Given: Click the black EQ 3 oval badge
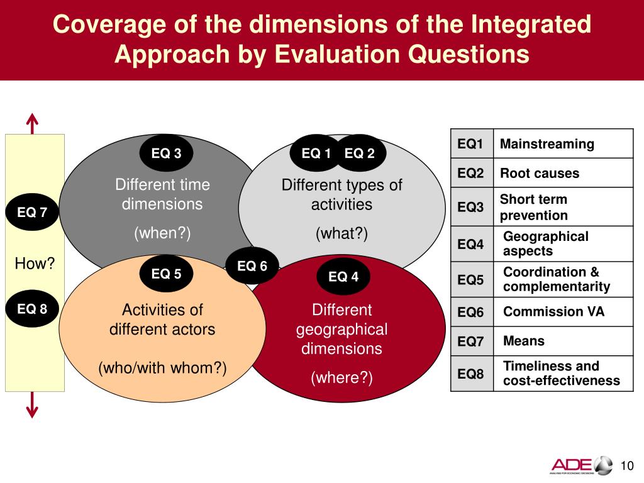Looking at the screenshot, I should pos(166,153).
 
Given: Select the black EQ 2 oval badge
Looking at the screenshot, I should pos(360,153).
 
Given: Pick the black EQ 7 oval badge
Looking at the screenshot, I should pos(32,212).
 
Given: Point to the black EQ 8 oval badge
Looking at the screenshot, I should pos(32,308).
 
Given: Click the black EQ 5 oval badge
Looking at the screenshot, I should pos(166,274).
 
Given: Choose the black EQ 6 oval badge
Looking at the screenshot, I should pos(252,267).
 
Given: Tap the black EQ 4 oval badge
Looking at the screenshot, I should pos(343,277).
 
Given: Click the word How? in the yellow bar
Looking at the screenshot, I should pos(35,264).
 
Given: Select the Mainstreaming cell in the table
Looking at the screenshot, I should pos(547,144).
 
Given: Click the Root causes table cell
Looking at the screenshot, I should pos(540,174).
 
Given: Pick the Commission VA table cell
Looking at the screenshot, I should pos(553,312).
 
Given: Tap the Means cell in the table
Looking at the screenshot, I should pos(524,341).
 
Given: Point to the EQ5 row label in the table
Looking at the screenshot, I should pos(471,280).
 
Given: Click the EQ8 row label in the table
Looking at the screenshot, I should pos(471,374).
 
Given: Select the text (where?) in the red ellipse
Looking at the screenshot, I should pos(341,377).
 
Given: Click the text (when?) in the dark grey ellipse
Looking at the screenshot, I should pos(162,233).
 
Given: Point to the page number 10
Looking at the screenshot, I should pos(626,465).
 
